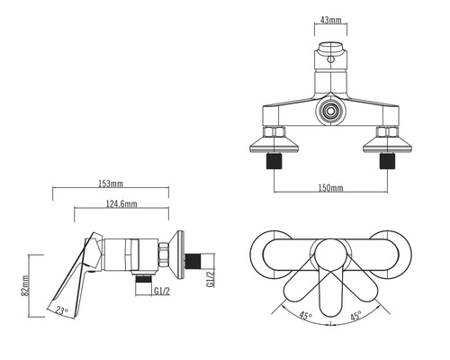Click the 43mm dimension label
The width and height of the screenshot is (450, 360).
331,20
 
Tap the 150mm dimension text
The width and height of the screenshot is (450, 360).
330,188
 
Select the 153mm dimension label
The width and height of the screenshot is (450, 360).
111,184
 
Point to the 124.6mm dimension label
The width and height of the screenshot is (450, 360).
121,204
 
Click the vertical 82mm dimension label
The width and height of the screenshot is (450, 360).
25,285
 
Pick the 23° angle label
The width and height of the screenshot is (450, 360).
62,310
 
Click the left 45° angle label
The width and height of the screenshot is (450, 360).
306,316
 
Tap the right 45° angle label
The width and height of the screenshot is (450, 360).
355,316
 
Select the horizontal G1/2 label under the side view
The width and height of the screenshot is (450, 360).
162,291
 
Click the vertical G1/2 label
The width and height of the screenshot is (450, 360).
211,278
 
